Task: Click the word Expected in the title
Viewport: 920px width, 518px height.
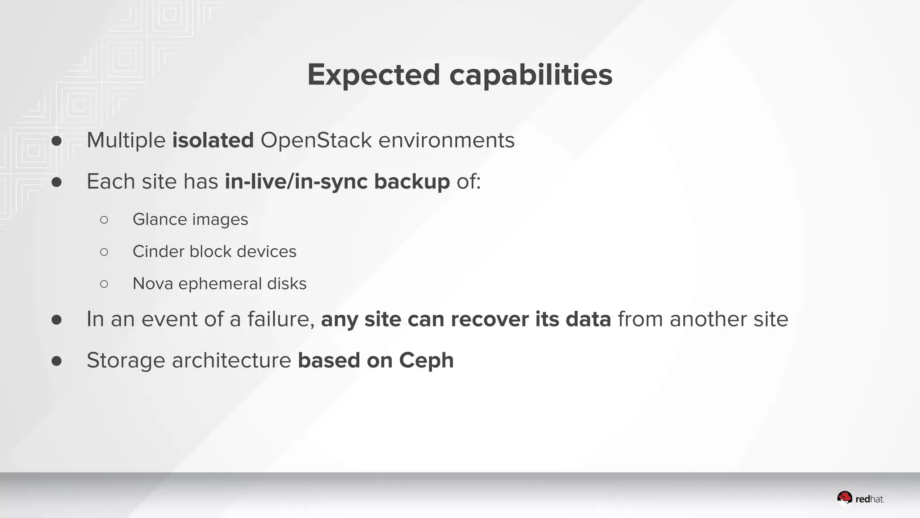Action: (373, 75)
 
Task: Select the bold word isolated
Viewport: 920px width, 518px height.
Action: (213, 140)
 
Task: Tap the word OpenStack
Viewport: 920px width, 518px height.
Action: (316, 140)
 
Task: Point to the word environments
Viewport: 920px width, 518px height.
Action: (446, 140)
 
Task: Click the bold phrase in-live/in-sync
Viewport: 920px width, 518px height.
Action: (296, 182)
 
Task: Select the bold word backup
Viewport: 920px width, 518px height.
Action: (411, 182)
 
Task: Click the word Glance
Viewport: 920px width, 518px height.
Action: (159, 219)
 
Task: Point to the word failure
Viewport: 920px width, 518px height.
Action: (280, 319)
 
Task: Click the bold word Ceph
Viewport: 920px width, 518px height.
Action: (426, 361)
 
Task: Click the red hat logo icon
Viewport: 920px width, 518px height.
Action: (845, 498)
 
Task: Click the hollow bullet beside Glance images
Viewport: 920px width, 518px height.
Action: (104, 220)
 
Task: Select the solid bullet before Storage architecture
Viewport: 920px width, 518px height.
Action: (57, 361)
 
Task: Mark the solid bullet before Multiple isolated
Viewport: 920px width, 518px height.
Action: (57, 141)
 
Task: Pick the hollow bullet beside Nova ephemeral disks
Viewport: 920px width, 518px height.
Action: (104, 284)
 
